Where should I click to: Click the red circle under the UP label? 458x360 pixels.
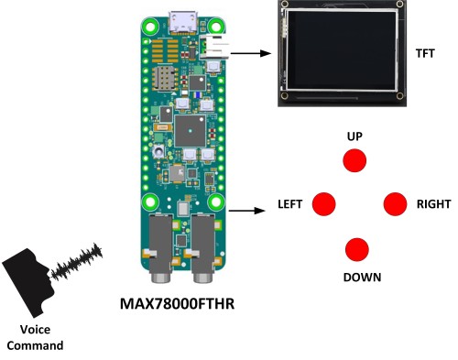[354, 159]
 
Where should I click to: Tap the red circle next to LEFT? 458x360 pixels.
[324, 204]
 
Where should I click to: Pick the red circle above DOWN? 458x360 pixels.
[356, 249]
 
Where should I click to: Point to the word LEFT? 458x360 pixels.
[290, 204]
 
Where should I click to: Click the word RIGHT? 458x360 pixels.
[433, 204]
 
